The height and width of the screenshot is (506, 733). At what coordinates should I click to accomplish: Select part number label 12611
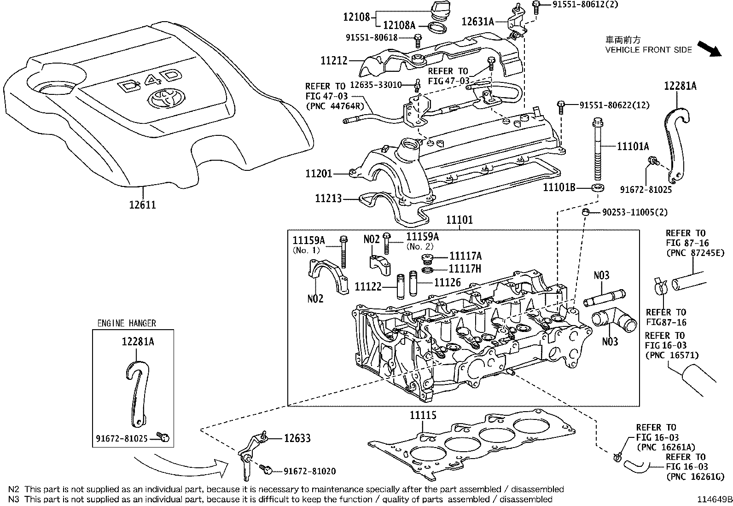click(142, 204)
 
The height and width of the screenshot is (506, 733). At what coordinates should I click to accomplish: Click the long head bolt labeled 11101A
click(597, 147)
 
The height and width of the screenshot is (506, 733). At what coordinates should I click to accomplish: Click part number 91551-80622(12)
click(614, 105)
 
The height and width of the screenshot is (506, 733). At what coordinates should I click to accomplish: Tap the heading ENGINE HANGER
click(127, 323)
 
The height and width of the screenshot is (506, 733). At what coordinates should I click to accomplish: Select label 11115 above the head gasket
click(423, 416)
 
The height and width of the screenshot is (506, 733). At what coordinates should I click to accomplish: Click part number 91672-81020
click(309, 471)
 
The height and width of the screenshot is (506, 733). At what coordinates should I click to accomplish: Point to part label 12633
click(297, 438)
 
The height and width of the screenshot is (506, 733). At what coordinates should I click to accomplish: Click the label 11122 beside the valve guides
click(368, 287)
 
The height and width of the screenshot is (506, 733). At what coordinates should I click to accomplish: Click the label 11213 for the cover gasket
click(328, 198)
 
